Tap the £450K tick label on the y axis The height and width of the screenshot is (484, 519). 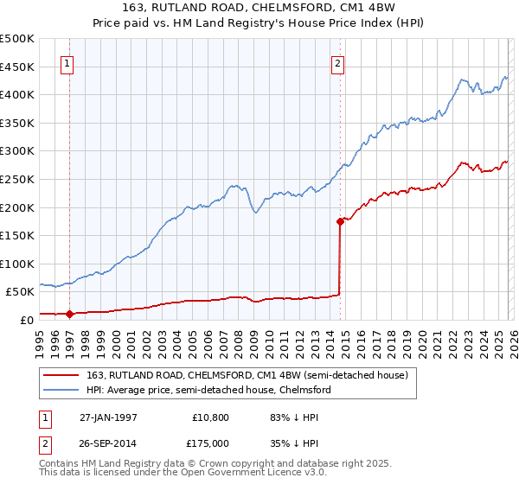click(x=17, y=67)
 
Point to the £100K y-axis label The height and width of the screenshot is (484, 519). click(x=17, y=264)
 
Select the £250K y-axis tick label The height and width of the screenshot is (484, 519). click(x=17, y=179)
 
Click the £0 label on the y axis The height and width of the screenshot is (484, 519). click(x=27, y=320)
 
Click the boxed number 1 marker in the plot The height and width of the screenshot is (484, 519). click(x=67, y=62)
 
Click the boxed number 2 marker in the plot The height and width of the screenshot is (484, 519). click(x=337, y=62)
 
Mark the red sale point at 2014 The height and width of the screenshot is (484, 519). click(x=340, y=221)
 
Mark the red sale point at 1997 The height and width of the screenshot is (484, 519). click(x=70, y=314)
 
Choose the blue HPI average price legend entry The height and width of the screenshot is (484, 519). click(x=208, y=390)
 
